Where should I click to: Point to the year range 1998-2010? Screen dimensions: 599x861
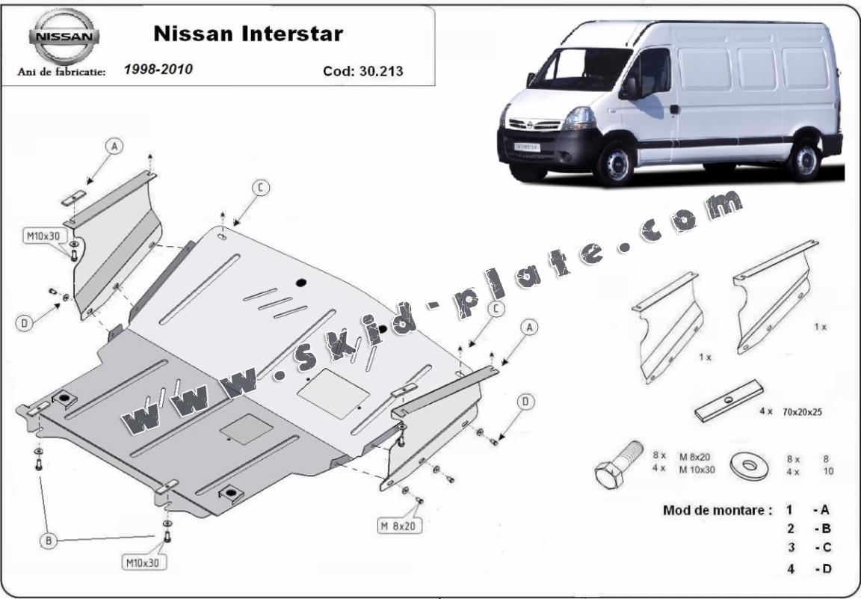coord(158,70)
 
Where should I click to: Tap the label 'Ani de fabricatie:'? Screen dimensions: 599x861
coord(61,72)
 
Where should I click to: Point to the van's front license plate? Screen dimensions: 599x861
coord(526,147)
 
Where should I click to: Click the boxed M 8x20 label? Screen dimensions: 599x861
coord(400,526)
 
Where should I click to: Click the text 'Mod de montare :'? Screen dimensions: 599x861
coord(717,511)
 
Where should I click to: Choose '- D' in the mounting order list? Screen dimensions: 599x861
coord(822,569)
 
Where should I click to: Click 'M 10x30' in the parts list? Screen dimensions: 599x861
coord(697,470)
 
